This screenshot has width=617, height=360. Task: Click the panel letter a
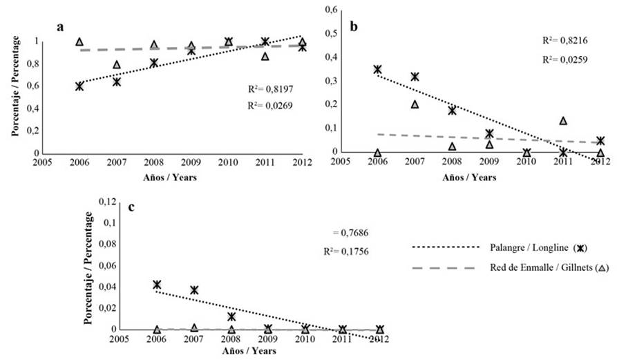click(61, 27)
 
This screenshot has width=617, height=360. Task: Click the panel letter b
click(354, 27)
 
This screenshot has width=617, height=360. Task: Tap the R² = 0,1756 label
click(343, 252)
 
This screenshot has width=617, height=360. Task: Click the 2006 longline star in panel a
click(79, 86)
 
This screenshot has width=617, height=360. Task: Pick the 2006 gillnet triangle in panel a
click(79, 42)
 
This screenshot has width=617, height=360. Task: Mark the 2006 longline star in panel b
click(377, 70)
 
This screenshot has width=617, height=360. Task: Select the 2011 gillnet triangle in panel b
click(563, 121)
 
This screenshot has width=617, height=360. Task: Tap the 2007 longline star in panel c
click(194, 290)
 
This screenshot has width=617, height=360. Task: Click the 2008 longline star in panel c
click(231, 316)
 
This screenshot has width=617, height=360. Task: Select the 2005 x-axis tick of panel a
click(42, 163)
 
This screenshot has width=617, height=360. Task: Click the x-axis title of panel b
click(470, 177)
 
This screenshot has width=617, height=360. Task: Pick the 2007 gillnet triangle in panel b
click(415, 104)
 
